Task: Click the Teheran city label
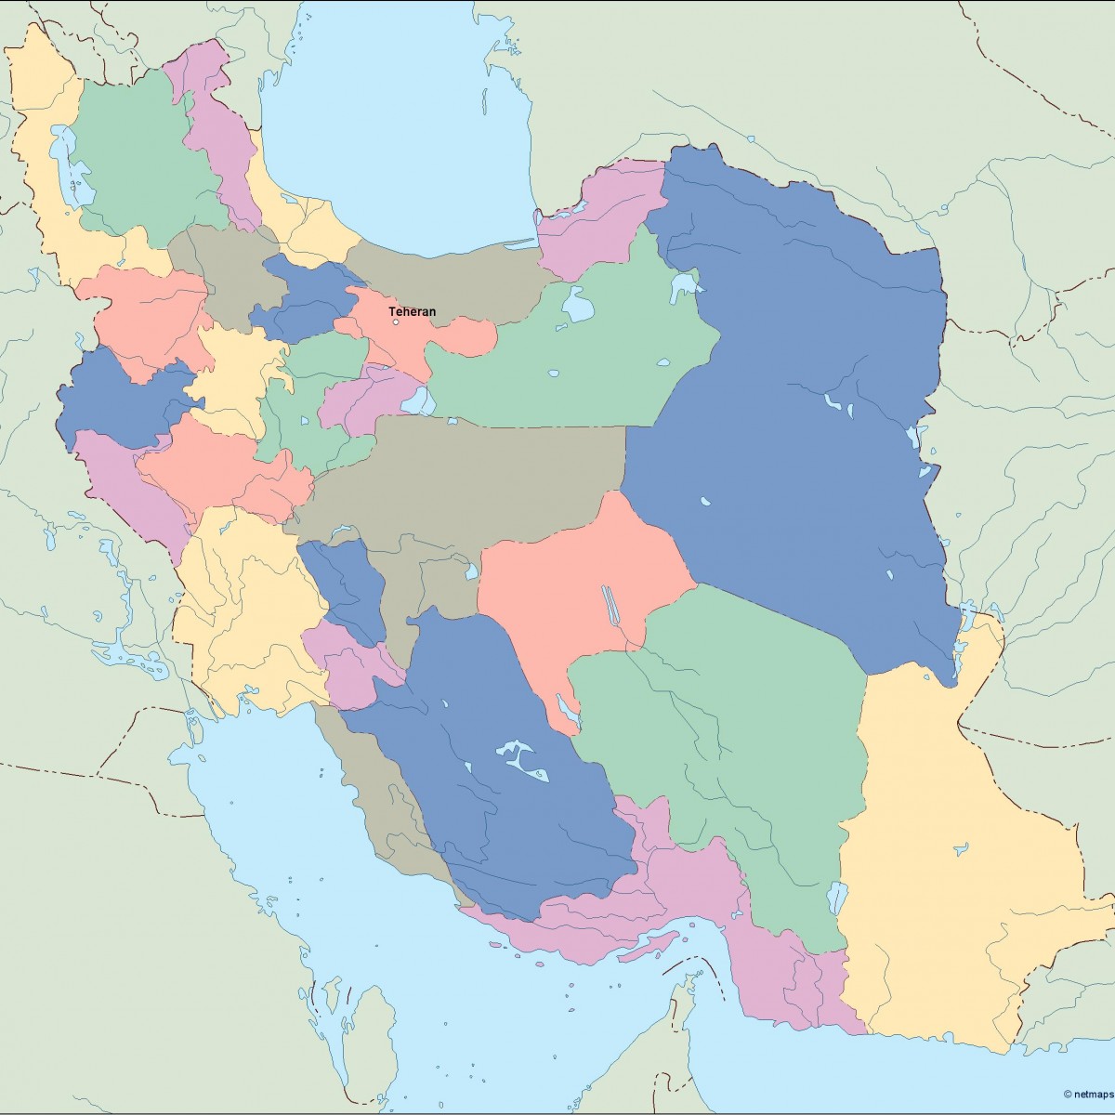pyautogui.click(x=412, y=312)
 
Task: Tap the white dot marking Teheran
pyautogui.click(x=396, y=322)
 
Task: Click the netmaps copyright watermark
pyautogui.click(x=1088, y=1094)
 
